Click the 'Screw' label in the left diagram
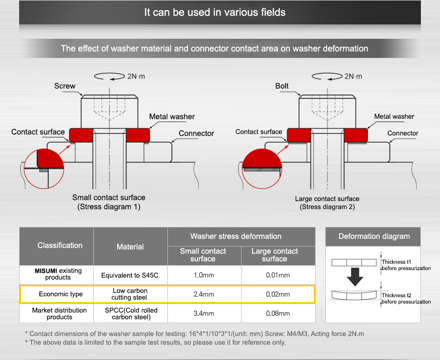(65, 86)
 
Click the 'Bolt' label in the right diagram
(282, 86)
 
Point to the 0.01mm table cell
(278, 275)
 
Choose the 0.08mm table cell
(278, 314)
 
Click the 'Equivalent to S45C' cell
(130, 275)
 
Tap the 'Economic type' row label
(61, 294)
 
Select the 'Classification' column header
(60, 246)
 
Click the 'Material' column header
(130, 247)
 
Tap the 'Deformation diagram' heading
(374, 236)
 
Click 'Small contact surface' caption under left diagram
(109, 198)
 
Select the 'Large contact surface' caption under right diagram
(327, 199)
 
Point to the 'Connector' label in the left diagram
(196, 134)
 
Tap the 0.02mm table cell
(278, 294)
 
